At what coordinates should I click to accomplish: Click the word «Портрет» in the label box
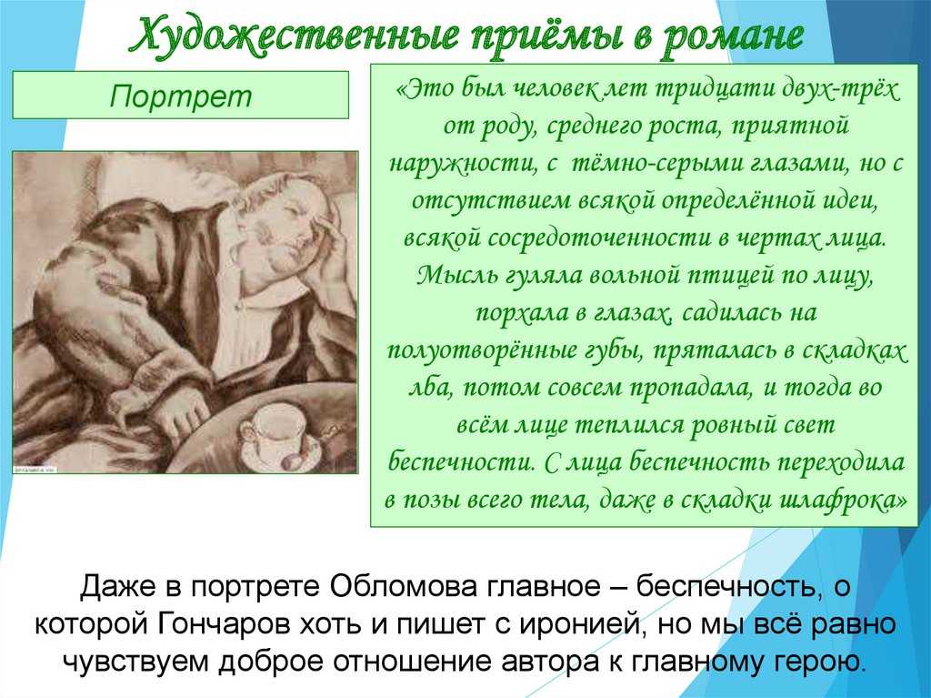coord(181,96)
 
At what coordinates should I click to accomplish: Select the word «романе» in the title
coord(733,35)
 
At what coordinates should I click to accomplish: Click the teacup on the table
coord(273,432)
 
